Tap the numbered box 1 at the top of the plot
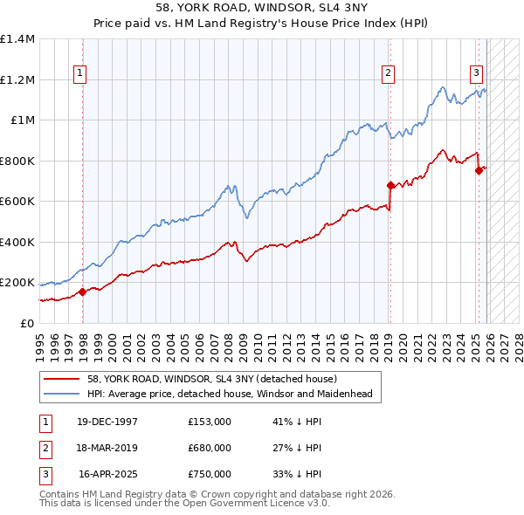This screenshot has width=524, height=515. point(79,73)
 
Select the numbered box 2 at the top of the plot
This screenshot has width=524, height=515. point(387,73)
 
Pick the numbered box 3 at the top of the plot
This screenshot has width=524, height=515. point(477,73)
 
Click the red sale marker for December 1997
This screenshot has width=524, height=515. point(83,292)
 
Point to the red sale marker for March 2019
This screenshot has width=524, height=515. point(390,185)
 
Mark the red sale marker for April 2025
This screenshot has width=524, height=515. point(479,171)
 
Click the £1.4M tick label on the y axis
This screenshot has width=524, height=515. point(17,39)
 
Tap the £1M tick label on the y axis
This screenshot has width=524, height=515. point(22,120)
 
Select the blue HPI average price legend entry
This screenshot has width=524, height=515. point(230,395)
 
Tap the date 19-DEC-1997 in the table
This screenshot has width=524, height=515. point(107,422)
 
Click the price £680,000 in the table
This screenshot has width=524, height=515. point(209,448)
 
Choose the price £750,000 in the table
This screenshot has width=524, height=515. point(209,474)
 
